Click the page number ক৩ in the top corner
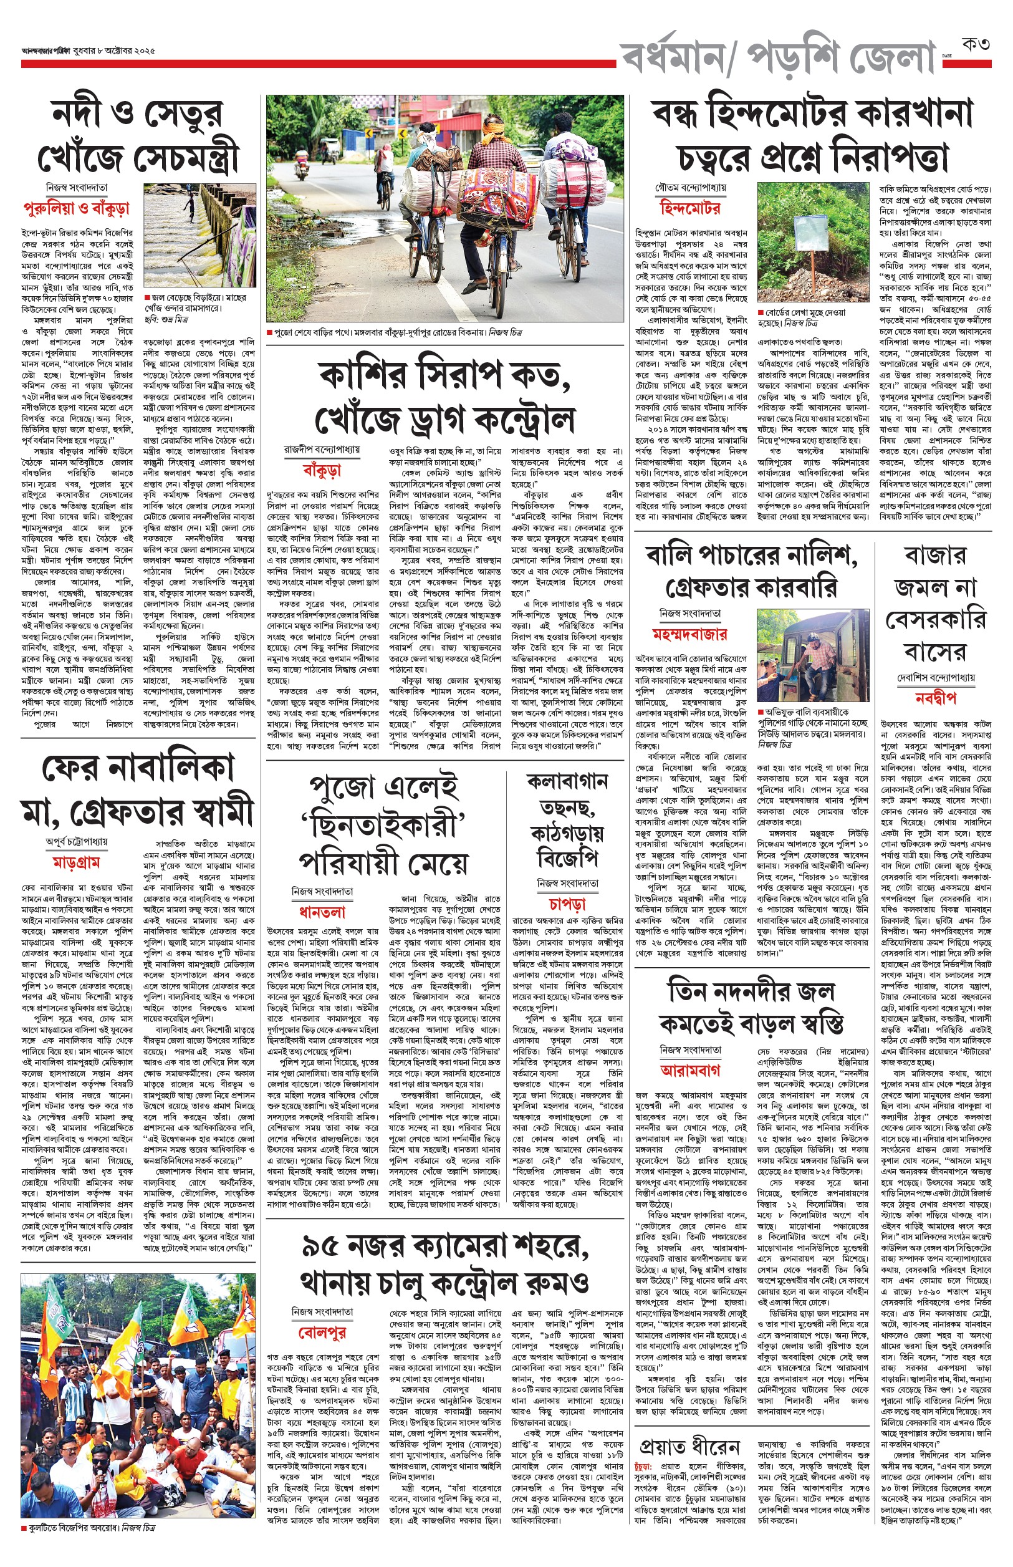976,45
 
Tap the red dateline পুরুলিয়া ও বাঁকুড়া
77,208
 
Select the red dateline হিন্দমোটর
690,208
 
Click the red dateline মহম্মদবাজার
689,634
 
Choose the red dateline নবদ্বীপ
934,698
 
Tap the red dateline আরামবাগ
690,1069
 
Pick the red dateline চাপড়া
567,904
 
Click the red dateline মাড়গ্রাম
76,862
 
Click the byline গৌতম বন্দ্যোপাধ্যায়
690,188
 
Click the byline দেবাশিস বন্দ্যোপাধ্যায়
935,677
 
